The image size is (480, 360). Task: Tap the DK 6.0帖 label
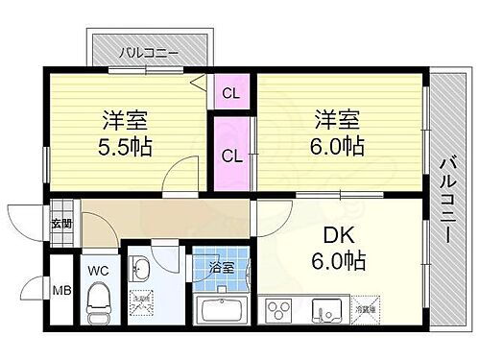(x=342, y=247)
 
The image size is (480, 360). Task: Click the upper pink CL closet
(x=230, y=92)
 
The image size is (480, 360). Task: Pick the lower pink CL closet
(x=230, y=154)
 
